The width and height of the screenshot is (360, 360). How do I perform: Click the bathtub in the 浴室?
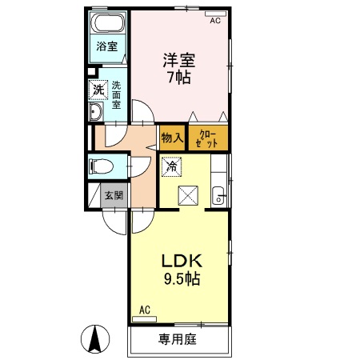click(x=108, y=23)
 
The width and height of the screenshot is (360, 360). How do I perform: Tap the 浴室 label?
click(x=107, y=46)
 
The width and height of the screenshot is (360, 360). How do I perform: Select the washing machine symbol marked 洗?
click(x=98, y=90)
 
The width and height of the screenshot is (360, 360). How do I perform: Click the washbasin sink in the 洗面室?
click(x=96, y=111)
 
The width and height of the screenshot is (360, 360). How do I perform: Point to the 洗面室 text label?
click(x=116, y=95)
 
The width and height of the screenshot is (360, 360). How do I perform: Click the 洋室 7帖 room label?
click(x=179, y=69)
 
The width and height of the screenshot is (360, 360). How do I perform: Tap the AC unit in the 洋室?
click(x=215, y=14)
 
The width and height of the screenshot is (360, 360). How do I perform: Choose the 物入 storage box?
click(x=173, y=138)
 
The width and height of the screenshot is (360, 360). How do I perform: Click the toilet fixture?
click(x=101, y=166)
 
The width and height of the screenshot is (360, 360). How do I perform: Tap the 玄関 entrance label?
click(x=114, y=195)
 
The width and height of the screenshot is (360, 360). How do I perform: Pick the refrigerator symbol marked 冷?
click(x=172, y=166)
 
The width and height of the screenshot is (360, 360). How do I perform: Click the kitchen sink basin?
click(x=218, y=195)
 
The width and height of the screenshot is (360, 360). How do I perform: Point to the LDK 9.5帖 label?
click(x=182, y=270)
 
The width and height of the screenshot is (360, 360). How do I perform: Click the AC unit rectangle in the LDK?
click(x=144, y=319)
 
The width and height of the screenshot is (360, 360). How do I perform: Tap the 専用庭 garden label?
click(x=178, y=339)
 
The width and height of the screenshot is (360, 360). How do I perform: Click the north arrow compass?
click(x=95, y=339)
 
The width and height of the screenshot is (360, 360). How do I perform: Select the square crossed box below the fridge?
click(x=188, y=195)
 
